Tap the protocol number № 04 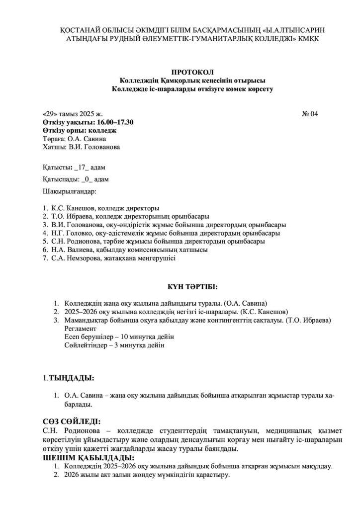click(310, 114)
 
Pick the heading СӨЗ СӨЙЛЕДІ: click(73, 421)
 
